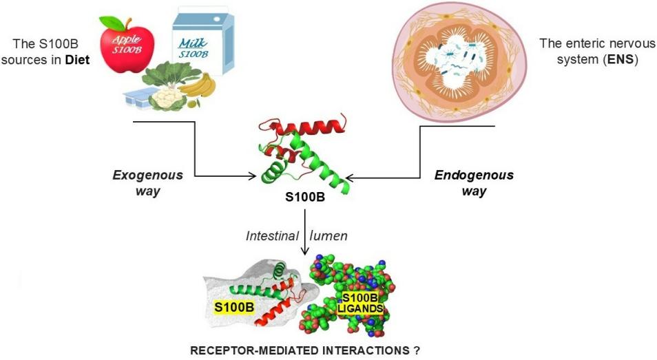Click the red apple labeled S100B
pyautogui.click(x=129, y=42)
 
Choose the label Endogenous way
pyautogui.click(x=474, y=183)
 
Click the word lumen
pyautogui.click(x=329, y=236)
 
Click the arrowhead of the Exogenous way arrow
pyautogui.click(x=252, y=178)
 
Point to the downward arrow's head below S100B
pyautogui.click(x=305, y=252)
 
